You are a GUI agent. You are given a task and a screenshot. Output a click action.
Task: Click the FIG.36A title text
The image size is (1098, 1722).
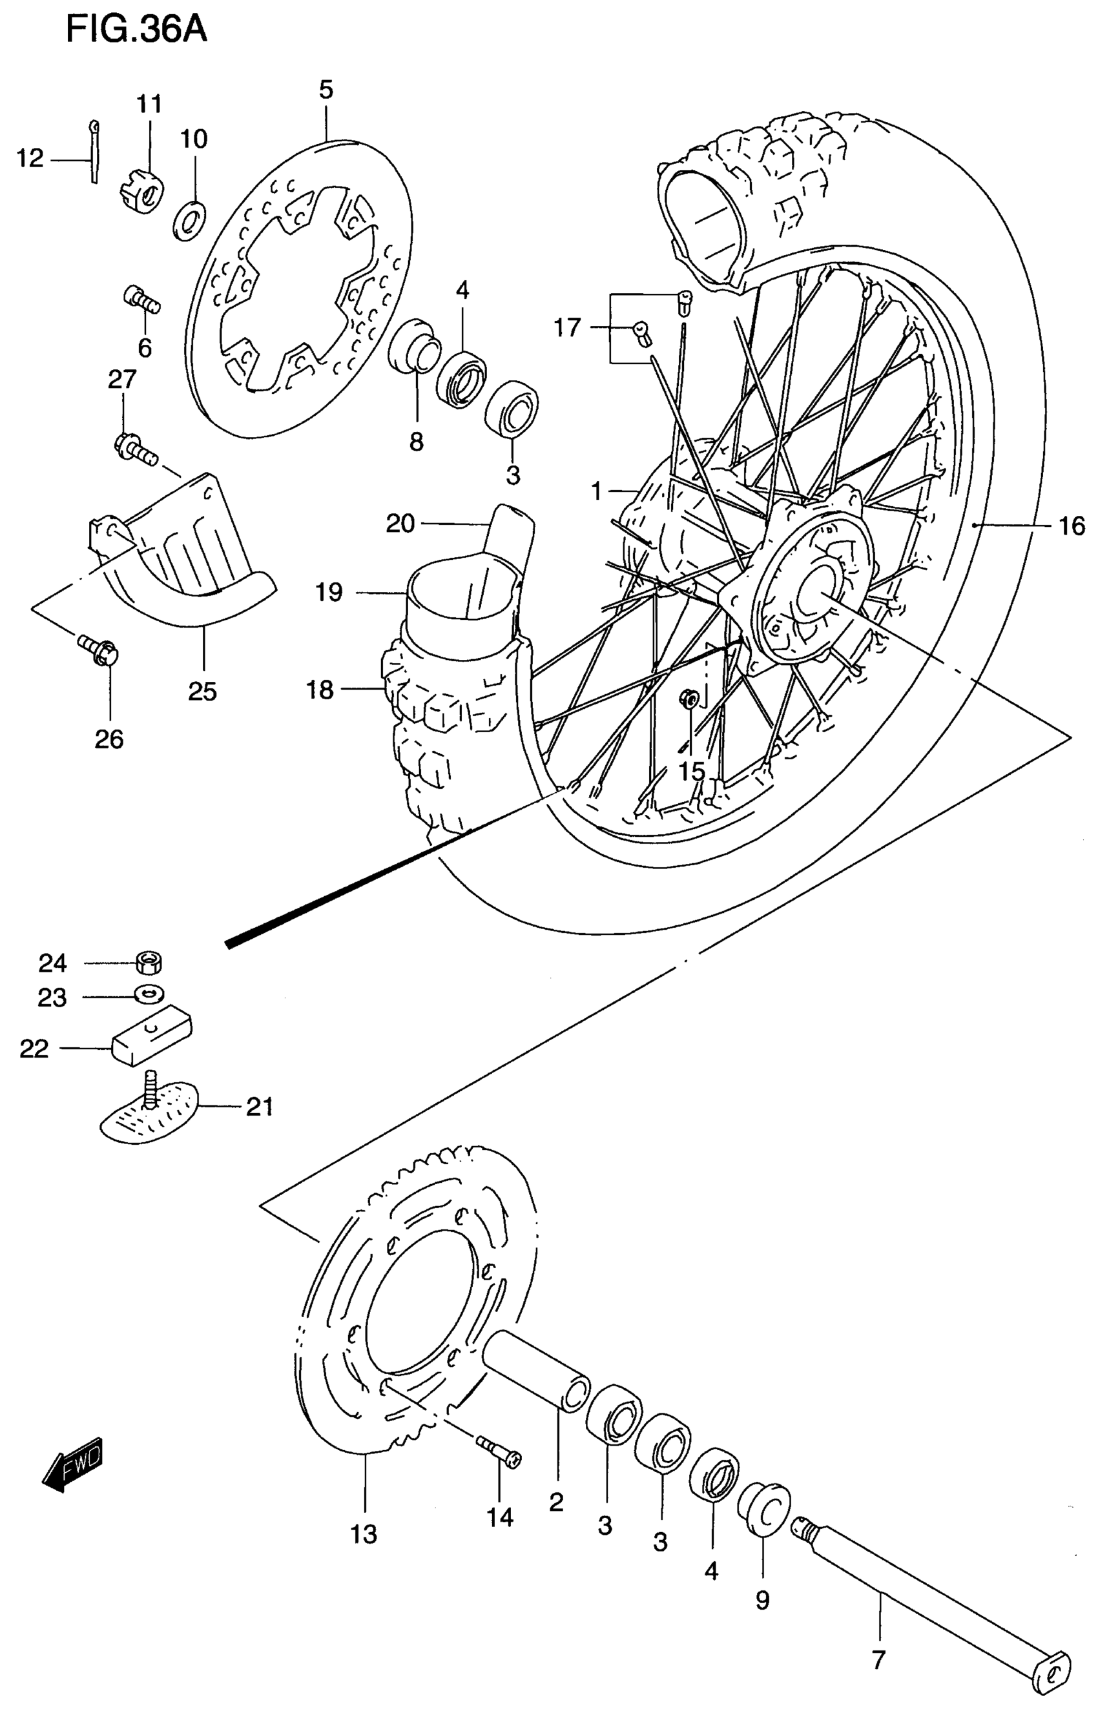point(136,31)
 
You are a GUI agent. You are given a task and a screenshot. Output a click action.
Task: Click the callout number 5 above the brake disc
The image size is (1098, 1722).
point(326,90)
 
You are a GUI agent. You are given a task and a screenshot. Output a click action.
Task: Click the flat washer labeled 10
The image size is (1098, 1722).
point(189,221)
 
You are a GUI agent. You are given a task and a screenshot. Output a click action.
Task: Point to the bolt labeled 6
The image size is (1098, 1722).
point(142,299)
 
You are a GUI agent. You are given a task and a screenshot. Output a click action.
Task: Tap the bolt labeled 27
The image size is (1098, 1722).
point(134,448)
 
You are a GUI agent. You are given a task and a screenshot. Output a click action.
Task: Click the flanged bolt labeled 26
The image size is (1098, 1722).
point(99,647)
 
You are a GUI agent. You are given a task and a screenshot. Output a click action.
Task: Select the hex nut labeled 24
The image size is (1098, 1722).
point(148,963)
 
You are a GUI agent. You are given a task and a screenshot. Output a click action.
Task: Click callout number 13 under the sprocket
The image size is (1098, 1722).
point(364,1534)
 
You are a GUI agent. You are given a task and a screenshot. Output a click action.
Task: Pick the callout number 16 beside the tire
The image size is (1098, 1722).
point(1071,527)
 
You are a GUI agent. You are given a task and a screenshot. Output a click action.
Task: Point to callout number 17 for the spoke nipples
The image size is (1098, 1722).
point(568,328)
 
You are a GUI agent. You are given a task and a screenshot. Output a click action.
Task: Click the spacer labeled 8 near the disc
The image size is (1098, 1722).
point(413,347)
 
